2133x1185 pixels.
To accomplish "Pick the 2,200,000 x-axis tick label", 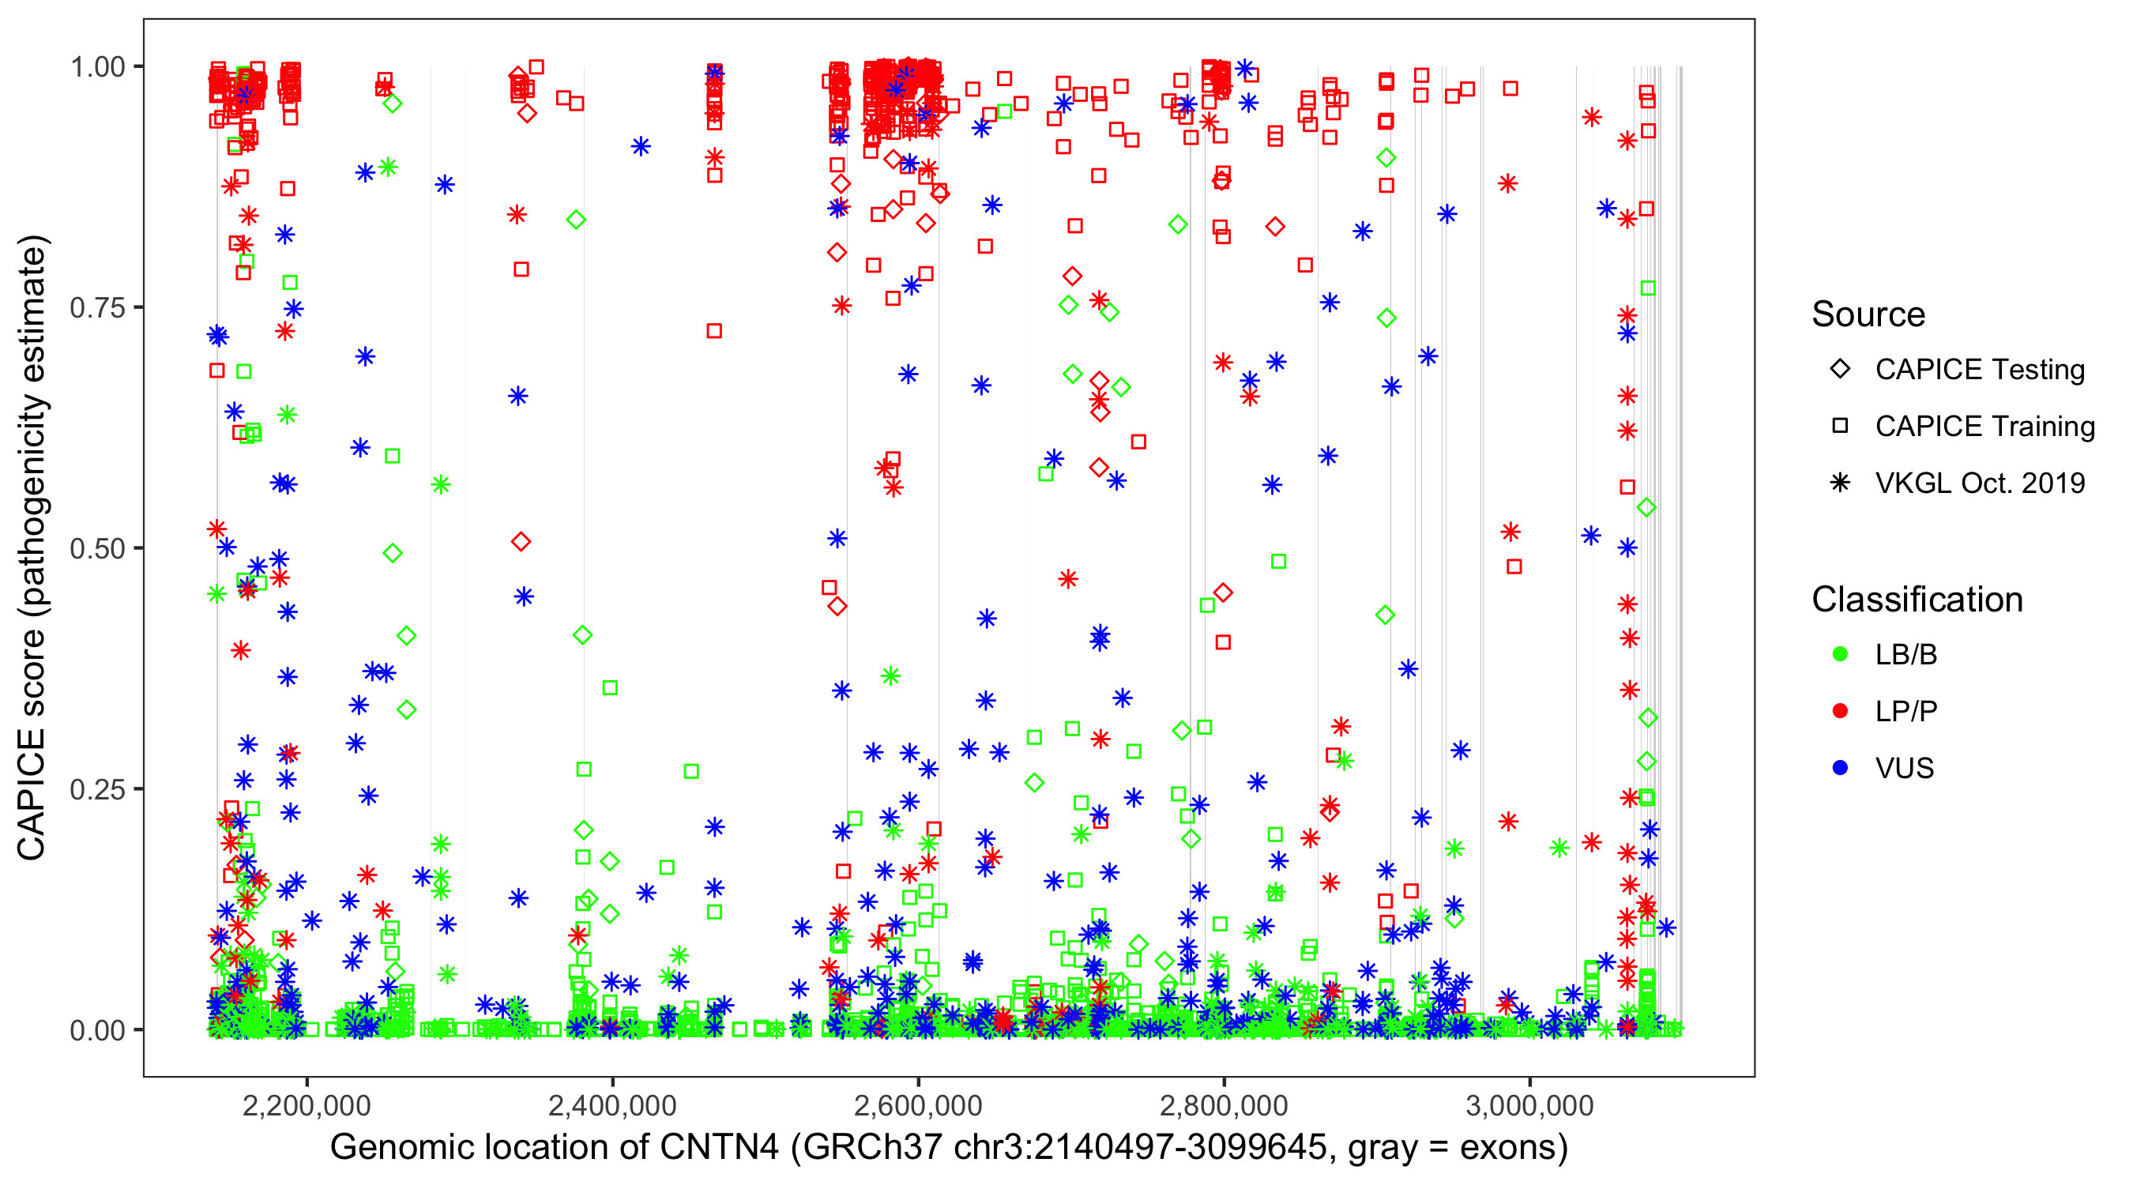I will pos(307,1105).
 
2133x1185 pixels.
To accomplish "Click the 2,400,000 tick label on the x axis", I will pos(613,1105).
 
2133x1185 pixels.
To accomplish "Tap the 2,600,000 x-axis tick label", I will pos(918,1105).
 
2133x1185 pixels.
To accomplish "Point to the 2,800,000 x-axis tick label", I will pos(1224,1105).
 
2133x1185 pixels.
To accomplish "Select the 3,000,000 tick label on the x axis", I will pos(1529,1105).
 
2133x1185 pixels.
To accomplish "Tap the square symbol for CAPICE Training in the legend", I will pos(1840,427).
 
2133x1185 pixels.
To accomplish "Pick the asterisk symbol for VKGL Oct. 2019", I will pos(1840,483).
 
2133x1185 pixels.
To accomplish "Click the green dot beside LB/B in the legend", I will pos(1840,654).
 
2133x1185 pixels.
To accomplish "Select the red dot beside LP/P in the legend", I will pos(1840,711).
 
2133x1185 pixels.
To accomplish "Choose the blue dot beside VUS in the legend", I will pos(1840,769).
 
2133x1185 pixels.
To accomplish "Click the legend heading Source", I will pos(1868,314).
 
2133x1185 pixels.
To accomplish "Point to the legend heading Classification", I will pos(1917,600).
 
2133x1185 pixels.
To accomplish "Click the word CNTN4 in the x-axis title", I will pos(719,1148).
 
